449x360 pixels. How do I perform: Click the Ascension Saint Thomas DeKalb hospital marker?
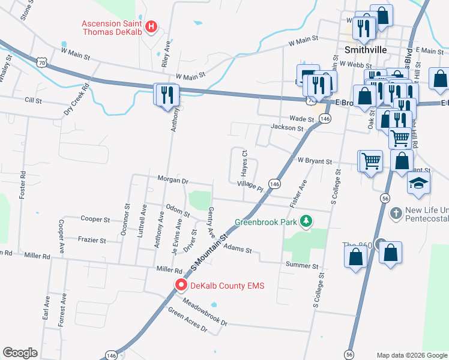click(x=152, y=26)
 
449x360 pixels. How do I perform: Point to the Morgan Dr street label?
click(x=173, y=179)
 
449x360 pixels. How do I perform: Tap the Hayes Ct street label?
click(x=245, y=160)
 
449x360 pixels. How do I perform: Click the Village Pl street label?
click(x=250, y=186)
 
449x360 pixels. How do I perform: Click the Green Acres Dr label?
click(x=187, y=321)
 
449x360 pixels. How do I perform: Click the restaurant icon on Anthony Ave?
click(x=166, y=95)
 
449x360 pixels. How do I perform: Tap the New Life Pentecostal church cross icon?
click(x=396, y=212)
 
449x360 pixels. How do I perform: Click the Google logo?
click(x=20, y=353)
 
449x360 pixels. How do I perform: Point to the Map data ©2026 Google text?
click(x=411, y=355)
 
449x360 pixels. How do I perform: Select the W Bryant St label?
click(x=315, y=161)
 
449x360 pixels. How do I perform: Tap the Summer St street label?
click(x=301, y=265)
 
